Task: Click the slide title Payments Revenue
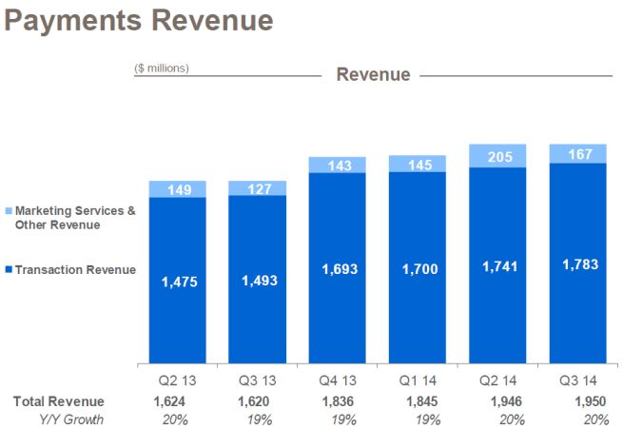click(139, 20)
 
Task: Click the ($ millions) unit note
click(162, 68)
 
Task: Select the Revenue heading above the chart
click(373, 74)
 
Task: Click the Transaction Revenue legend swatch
click(9, 270)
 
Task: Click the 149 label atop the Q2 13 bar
click(178, 188)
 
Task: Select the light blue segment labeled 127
click(258, 187)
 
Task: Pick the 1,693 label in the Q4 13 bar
click(338, 269)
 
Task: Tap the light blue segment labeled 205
click(497, 156)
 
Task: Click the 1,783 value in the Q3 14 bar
click(577, 263)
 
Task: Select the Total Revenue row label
click(59, 401)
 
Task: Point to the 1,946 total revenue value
click(497, 401)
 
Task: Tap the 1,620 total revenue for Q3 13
click(258, 401)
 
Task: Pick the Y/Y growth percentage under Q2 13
click(178, 419)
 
